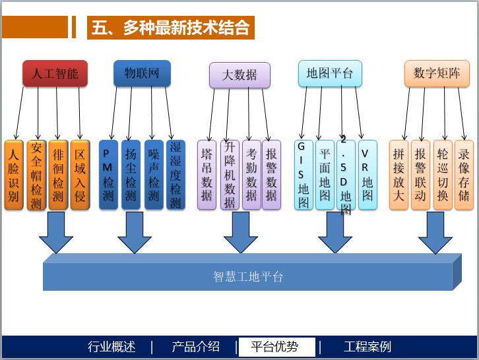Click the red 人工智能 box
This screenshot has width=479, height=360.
(x=55, y=74)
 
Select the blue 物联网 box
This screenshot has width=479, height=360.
(x=142, y=73)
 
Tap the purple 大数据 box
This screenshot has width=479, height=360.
(x=239, y=75)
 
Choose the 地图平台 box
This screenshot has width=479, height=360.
(x=330, y=73)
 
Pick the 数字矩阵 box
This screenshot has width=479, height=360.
(x=437, y=74)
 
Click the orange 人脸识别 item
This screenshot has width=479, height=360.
(x=14, y=175)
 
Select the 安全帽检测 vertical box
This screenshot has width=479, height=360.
(x=36, y=175)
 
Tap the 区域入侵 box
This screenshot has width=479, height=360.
(x=80, y=175)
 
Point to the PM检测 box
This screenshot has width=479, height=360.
(x=108, y=175)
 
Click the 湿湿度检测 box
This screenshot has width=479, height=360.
(x=175, y=175)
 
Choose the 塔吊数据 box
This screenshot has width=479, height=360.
(x=207, y=175)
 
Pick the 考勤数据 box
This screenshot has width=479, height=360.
(x=251, y=175)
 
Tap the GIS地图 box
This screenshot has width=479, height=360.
(x=303, y=175)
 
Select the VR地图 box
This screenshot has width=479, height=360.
(x=367, y=175)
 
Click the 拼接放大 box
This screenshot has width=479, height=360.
(x=399, y=175)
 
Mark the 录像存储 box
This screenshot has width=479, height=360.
(x=464, y=175)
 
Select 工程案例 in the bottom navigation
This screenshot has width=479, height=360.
(x=367, y=347)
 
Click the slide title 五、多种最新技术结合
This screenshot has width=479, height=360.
(x=171, y=28)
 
